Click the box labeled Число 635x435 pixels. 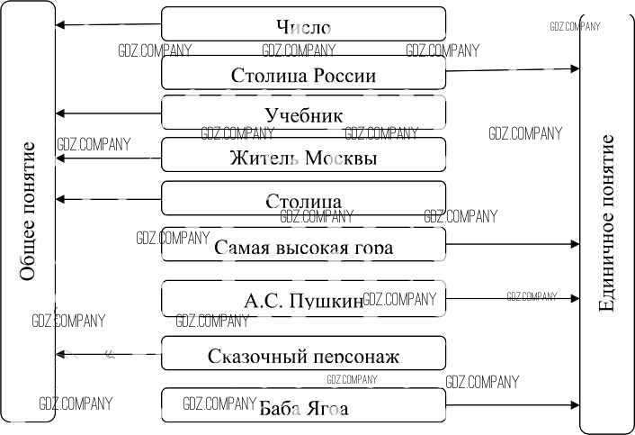pyautogui.click(x=303, y=24)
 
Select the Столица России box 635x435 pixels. pyautogui.click(x=303, y=75)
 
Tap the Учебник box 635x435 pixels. pyautogui.click(x=303, y=114)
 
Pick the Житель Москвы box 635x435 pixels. pyautogui.click(x=303, y=157)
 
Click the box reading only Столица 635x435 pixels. pyautogui.click(x=303, y=198)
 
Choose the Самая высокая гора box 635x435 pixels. pyautogui.click(x=303, y=245)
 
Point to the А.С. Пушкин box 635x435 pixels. pyautogui.click(x=303, y=298)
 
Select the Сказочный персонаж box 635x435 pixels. pyautogui.click(x=303, y=354)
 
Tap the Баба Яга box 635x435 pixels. pyautogui.click(x=303, y=407)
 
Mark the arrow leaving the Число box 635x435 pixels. pyautogui.click(x=108, y=24)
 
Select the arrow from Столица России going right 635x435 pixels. pyautogui.click(x=513, y=68)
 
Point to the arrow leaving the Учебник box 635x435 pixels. pyautogui.click(x=108, y=113)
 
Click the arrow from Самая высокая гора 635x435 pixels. pyautogui.click(x=513, y=244)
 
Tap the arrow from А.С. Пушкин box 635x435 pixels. pyautogui.click(x=513, y=297)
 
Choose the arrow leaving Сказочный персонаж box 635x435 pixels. pyautogui.click(x=108, y=353)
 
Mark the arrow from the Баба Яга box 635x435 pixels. pyautogui.click(x=513, y=405)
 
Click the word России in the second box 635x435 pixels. pyautogui.click(x=344, y=76)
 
